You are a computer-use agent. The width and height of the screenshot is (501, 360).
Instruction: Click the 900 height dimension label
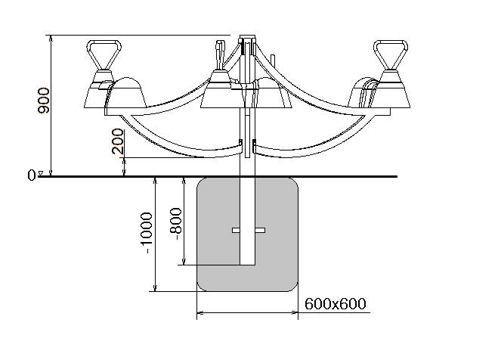(44, 101)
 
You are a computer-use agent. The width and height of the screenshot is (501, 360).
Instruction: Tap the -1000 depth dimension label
(147, 234)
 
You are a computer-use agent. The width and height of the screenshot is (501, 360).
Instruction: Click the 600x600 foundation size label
(336, 304)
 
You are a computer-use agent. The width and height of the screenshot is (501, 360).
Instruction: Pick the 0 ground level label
(31, 175)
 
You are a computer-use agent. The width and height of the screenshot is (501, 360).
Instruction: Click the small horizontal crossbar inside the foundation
(248, 229)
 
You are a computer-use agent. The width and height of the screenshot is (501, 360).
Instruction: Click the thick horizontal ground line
(340, 177)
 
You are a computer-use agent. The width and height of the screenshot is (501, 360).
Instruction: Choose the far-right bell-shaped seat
(393, 91)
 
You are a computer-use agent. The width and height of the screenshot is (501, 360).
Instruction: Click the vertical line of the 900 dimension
(51, 106)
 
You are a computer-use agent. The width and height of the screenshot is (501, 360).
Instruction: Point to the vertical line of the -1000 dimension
(155, 234)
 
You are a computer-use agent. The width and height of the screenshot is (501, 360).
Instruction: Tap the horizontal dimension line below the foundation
(248, 311)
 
